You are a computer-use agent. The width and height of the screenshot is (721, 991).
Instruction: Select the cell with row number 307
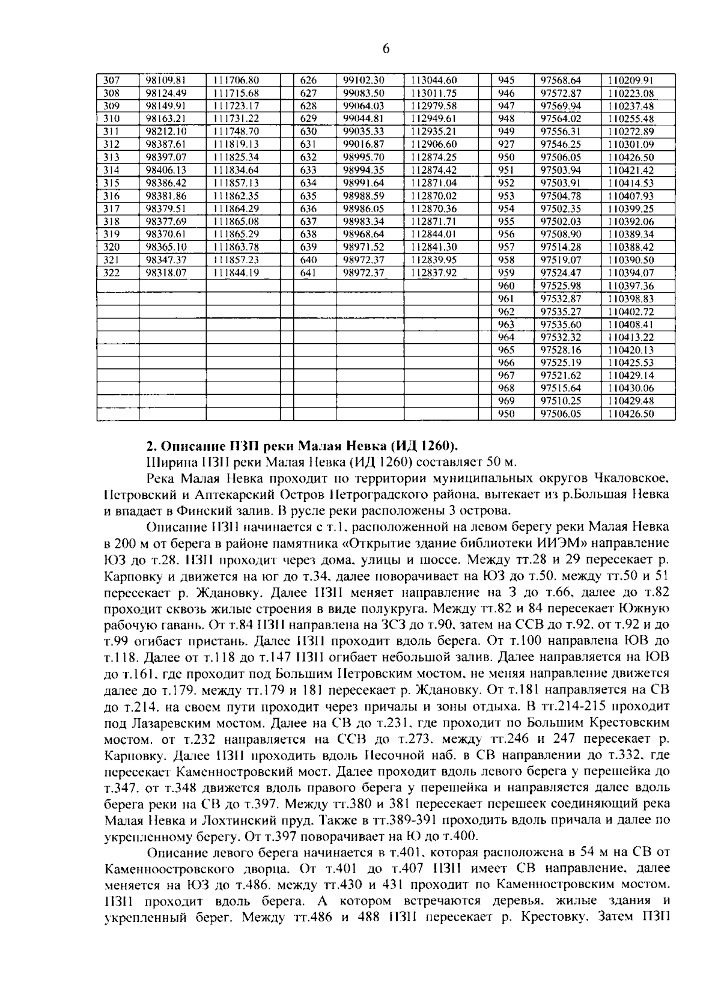112,80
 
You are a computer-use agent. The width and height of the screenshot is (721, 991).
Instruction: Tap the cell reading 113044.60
434,80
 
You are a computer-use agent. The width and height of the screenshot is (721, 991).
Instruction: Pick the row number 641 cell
308,273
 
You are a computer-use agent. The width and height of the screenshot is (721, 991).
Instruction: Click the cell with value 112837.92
434,273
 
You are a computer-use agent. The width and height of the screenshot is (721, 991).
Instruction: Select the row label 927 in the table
507,144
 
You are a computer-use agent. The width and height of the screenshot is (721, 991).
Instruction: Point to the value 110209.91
630,80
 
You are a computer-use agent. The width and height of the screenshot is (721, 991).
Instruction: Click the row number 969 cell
507,401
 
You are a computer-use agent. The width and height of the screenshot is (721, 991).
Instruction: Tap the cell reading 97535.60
561,325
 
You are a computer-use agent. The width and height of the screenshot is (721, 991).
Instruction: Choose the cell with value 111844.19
236,273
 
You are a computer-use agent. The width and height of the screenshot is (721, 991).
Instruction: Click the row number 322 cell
112,273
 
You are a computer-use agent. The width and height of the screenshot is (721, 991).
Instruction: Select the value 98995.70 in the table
363,157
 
